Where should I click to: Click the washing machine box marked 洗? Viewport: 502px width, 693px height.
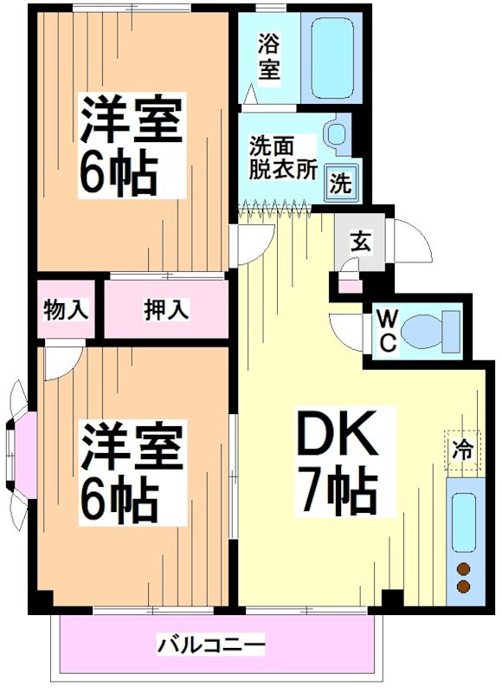pyautogui.click(x=340, y=184)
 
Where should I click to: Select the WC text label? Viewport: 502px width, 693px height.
pyautogui.click(x=387, y=330)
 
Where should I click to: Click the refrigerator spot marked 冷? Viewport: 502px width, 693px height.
pyautogui.click(x=464, y=450)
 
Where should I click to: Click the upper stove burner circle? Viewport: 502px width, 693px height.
pyautogui.click(x=463, y=569)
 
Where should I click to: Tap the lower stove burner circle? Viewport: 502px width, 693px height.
pyautogui.click(x=463, y=586)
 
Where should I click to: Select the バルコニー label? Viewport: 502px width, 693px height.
pyautogui.click(x=210, y=645)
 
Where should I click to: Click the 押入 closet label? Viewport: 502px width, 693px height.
pyautogui.click(x=167, y=308)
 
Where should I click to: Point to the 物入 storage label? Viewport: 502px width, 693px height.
pyautogui.click(x=67, y=308)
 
